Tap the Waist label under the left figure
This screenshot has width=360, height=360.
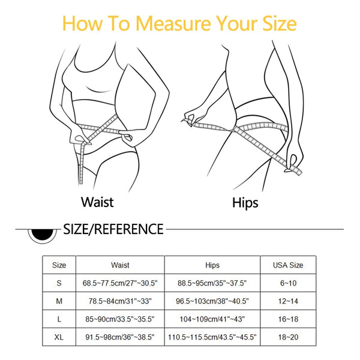click(x=97, y=202)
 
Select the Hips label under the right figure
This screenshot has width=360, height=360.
click(x=245, y=202)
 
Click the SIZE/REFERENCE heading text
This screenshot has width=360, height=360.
click(x=113, y=229)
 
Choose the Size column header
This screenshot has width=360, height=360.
click(x=59, y=265)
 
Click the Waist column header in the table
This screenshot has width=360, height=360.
click(x=120, y=265)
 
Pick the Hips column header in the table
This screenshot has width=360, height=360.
click(x=212, y=265)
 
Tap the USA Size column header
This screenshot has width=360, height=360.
click(x=288, y=265)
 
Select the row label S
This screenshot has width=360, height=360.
click(x=59, y=283)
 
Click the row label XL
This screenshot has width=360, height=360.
click(x=59, y=338)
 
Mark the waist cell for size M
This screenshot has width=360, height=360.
click(x=120, y=301)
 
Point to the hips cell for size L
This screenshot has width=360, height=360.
click(x=212, y=320)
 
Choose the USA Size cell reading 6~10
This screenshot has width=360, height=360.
click(x=288, y=283)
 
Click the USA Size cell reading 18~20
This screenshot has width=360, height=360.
click(x=288, y=338)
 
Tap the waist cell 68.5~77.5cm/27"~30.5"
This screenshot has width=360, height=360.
click(x=120, y=283)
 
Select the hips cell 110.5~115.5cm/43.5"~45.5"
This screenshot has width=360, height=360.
click(x=212, y=338)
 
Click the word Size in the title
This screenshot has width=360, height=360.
click(x=276, y=23)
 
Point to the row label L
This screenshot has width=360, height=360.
click(x=59, y=320)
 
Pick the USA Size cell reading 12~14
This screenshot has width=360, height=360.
click(x=288, y=301)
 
